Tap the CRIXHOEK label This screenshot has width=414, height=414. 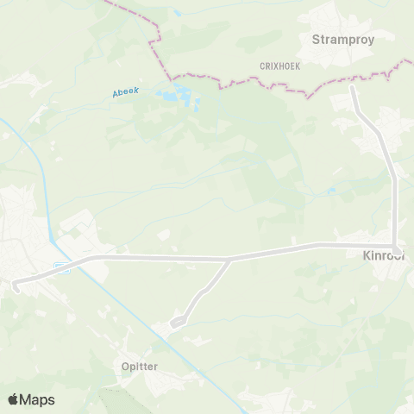(x=279, y=66)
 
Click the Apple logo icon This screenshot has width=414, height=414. (x=13, y=399)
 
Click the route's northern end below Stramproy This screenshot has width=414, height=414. (x=352, y=88)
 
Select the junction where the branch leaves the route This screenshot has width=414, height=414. (x=229, y=258)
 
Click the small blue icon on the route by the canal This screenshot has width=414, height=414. (x=61, y=267)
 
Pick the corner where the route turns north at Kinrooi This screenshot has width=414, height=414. (x=395, y=245)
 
